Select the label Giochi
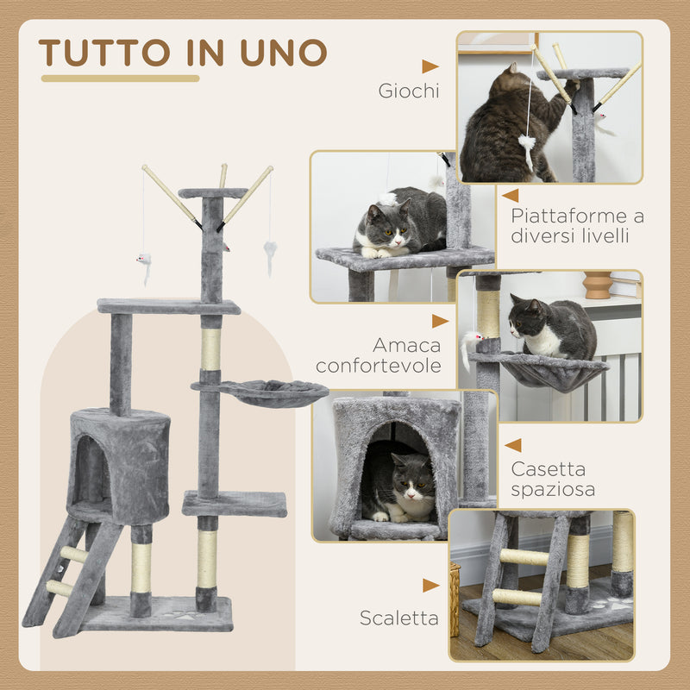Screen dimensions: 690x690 [408, 91]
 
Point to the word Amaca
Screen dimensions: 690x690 [407, 345]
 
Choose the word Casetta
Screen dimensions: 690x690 [549, 470]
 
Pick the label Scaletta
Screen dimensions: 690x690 [399, 618]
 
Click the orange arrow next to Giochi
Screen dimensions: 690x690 [430, 66]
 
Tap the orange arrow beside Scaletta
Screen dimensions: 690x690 [430, 586]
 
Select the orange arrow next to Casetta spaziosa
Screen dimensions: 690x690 [513, 445]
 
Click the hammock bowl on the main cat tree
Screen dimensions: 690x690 [274, 394]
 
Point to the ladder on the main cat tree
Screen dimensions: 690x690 [73, 574]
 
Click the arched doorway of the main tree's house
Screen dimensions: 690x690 [89, 470]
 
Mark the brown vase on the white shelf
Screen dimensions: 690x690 [597, 285]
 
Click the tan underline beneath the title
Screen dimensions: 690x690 [120, 78]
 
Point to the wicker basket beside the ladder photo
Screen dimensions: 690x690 [455, 599]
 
